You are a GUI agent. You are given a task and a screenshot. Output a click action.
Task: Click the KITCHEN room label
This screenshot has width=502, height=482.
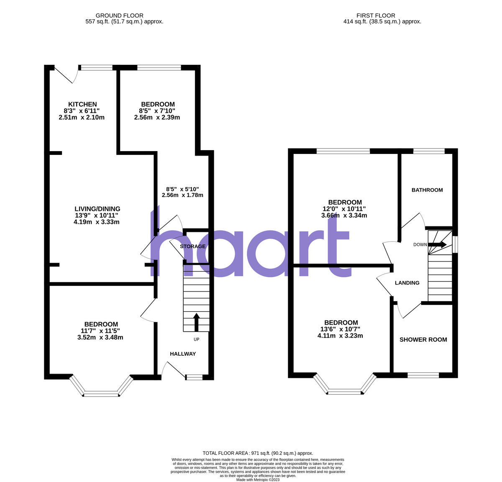(82, 104)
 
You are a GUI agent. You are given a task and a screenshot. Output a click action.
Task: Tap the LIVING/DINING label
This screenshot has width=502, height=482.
(97, 209)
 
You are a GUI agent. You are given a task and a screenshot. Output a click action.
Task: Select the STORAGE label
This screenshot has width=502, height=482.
(193, 246)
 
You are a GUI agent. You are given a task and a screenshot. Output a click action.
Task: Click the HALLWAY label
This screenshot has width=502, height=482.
(183, 354)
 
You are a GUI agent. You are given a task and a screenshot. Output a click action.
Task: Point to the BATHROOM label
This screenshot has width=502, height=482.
(427, 190)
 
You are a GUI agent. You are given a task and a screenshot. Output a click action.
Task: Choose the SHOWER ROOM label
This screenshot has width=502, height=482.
(423, 340)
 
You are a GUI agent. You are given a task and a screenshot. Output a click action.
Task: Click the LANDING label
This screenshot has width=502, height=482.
(407, 283)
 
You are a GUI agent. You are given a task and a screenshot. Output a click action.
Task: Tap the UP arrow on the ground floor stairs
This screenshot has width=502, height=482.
(196, 321)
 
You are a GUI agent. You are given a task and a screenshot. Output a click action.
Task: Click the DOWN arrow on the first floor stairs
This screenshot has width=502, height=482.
(438, 245)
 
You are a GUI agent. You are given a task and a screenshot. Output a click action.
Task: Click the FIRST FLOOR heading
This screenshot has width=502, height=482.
(376, 15)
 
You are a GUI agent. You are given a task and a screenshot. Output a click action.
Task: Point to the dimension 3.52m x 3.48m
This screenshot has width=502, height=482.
(100, 337)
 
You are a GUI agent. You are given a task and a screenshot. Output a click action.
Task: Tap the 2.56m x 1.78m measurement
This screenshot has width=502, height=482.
(182, 195)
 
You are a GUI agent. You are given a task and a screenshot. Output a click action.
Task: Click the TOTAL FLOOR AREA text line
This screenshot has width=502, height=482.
(258, 453)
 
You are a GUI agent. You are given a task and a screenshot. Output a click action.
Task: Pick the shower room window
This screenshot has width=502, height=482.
(423, 375)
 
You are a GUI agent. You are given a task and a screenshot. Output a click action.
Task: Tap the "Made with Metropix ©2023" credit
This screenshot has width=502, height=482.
(258, 479)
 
